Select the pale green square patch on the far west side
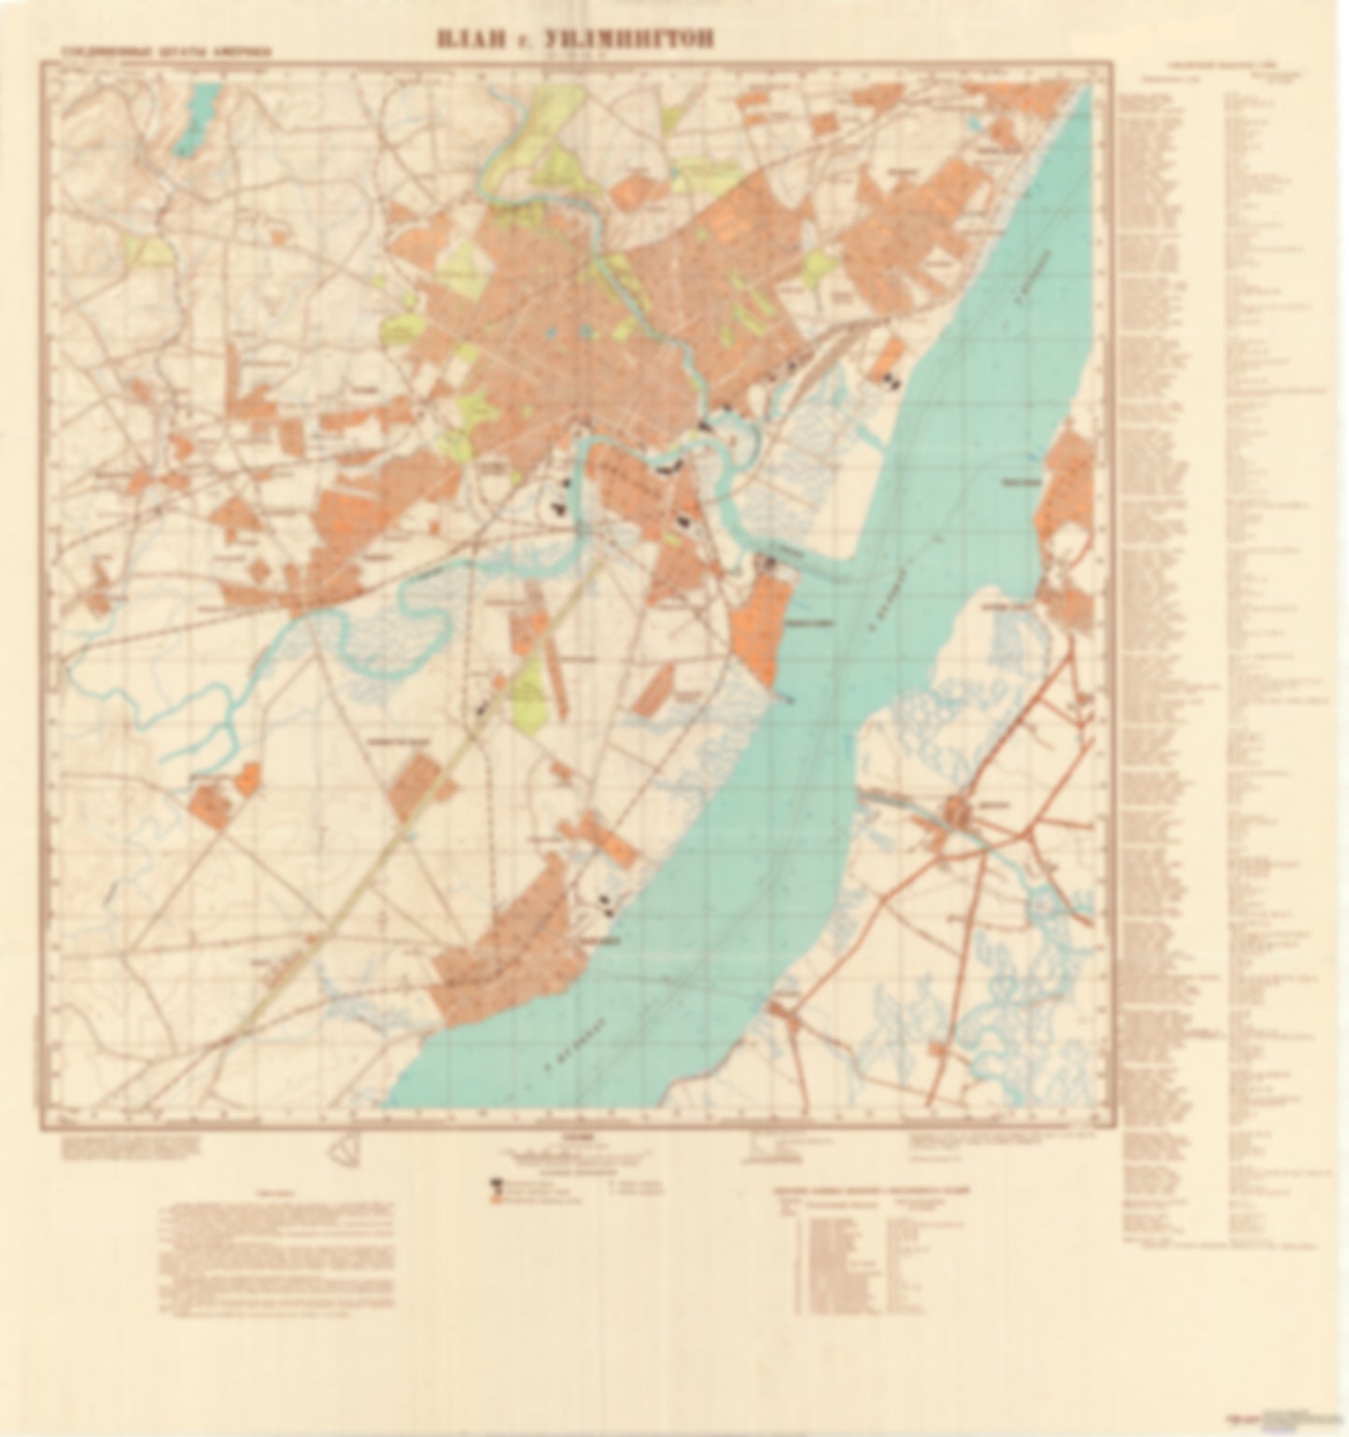pyautogui.click(x=149, y=249)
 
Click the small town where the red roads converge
pyautogui.click(x=963, y=815)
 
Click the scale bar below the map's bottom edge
pyautogui.click(x=569, y=1153)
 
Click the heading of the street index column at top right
pyautogui.click(x=1223, y=69)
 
